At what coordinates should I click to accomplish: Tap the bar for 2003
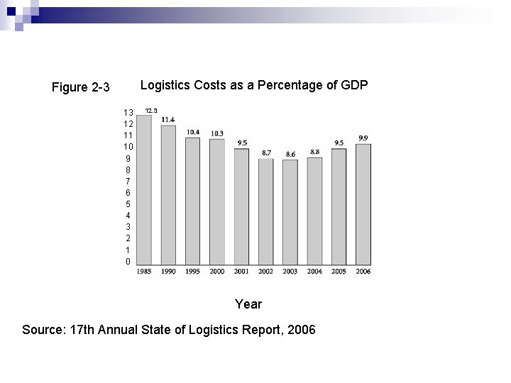pos(290,212)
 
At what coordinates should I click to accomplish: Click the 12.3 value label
pos(151,111)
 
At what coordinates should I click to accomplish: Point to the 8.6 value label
pos(290,154)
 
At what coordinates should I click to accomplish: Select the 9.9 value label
pos(363,138)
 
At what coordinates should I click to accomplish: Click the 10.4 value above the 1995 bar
pos(193,132)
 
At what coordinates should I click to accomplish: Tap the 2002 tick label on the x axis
pos(266,272)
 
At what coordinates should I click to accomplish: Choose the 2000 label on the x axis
pos(217,272)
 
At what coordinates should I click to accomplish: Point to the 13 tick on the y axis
pos(128,113)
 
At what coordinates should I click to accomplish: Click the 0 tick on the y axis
pos(128,262)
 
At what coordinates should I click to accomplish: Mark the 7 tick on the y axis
pos(128,182)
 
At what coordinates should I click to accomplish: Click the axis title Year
pos(248,304)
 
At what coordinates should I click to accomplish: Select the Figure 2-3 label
pos(81,88)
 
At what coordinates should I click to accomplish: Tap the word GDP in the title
pos(354,86)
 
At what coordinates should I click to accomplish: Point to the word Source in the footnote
pos(43,330)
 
